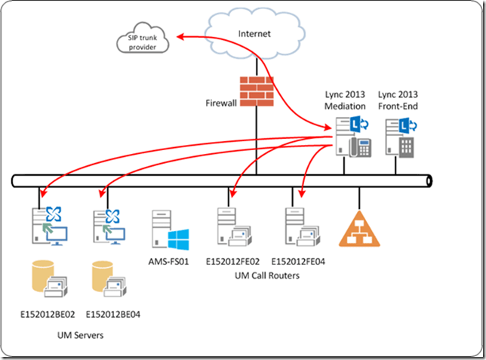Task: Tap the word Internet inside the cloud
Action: pos(254,34)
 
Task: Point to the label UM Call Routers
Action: pos(263,275)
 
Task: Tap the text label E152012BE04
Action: pos(114,312)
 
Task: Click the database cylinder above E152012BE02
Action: pos(45,278)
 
